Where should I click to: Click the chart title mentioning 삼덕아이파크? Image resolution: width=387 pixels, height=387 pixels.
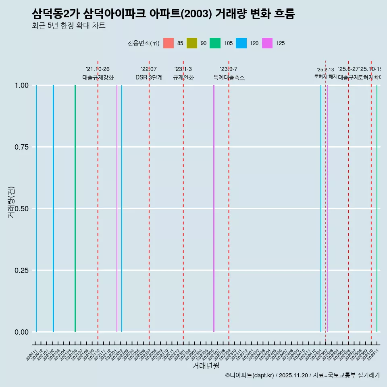point(163,14)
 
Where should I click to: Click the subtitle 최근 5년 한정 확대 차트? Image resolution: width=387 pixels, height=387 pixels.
point(69,26)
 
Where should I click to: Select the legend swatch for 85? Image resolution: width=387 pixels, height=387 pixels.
point(169,43)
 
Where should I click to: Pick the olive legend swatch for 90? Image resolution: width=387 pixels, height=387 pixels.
point(192,43)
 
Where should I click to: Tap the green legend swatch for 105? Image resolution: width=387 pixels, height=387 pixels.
point(215,43)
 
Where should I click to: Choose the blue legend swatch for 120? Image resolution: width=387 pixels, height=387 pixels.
point(241,43)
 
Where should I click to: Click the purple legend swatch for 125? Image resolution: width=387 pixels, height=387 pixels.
point(267,43)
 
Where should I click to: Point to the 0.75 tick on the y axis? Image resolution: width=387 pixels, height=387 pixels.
point(21,147)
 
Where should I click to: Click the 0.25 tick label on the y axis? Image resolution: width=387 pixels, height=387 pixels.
point(21,270)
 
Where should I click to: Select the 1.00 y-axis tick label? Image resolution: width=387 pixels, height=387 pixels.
point(21,85)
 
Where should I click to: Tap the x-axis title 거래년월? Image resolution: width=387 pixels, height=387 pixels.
point(206,366)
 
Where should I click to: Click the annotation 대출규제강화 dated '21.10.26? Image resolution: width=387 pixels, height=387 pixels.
point(98,77)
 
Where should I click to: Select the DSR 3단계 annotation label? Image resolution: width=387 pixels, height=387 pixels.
point(149,77)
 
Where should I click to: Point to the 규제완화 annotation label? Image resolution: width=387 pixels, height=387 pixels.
point(183,77)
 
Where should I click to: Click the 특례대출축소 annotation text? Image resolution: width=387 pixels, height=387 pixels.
point(229,77)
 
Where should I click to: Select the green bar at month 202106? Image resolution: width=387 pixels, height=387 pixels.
point(75,208)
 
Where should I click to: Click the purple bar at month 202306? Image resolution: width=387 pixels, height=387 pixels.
point(214,208)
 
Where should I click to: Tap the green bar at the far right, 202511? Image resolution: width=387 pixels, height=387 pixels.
point(377,208)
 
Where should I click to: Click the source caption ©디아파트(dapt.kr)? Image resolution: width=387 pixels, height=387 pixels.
point(302,376)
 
